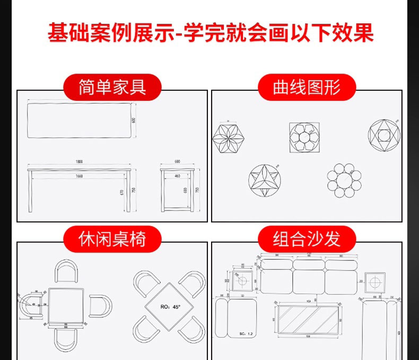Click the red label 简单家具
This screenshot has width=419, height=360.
[x=112, y=87]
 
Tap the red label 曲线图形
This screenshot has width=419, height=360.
[x=306, y=87]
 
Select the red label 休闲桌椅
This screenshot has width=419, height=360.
[x=112, y=239]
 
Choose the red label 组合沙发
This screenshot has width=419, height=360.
[x=306, y=239]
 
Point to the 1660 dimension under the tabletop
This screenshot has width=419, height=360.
[x=79, y=175]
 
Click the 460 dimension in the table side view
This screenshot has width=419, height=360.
[x=177, y=175]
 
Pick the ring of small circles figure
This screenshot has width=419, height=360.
[x=344, y=180]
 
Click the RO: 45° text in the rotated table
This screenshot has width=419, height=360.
[x=171, y=306]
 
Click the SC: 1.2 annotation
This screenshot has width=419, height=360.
[x=246, y=334]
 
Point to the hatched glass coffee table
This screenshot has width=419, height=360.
[x=306, y=318]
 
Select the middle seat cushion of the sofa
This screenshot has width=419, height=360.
[x=308, y=281]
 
